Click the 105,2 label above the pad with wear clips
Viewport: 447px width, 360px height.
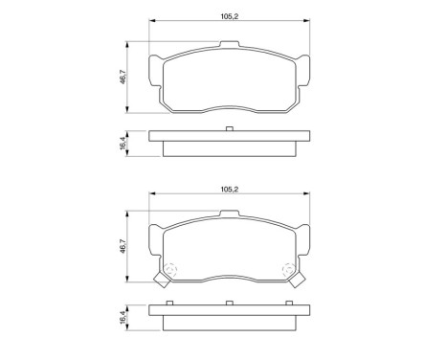click(x=229, y=191)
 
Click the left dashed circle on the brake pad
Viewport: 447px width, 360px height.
click(x=170, y=269)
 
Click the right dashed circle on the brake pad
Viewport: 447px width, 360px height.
click(x=287, y=269)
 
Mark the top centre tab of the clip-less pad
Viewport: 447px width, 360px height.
click(x=229, y=44)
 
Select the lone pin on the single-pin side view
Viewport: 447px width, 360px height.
click(x=229, y=128)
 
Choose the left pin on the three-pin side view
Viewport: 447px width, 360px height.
click(x=169, y=303)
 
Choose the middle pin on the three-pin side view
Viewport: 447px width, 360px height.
click(x=229, y=303)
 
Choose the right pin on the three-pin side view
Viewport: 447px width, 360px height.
click(x=288, y=303)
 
